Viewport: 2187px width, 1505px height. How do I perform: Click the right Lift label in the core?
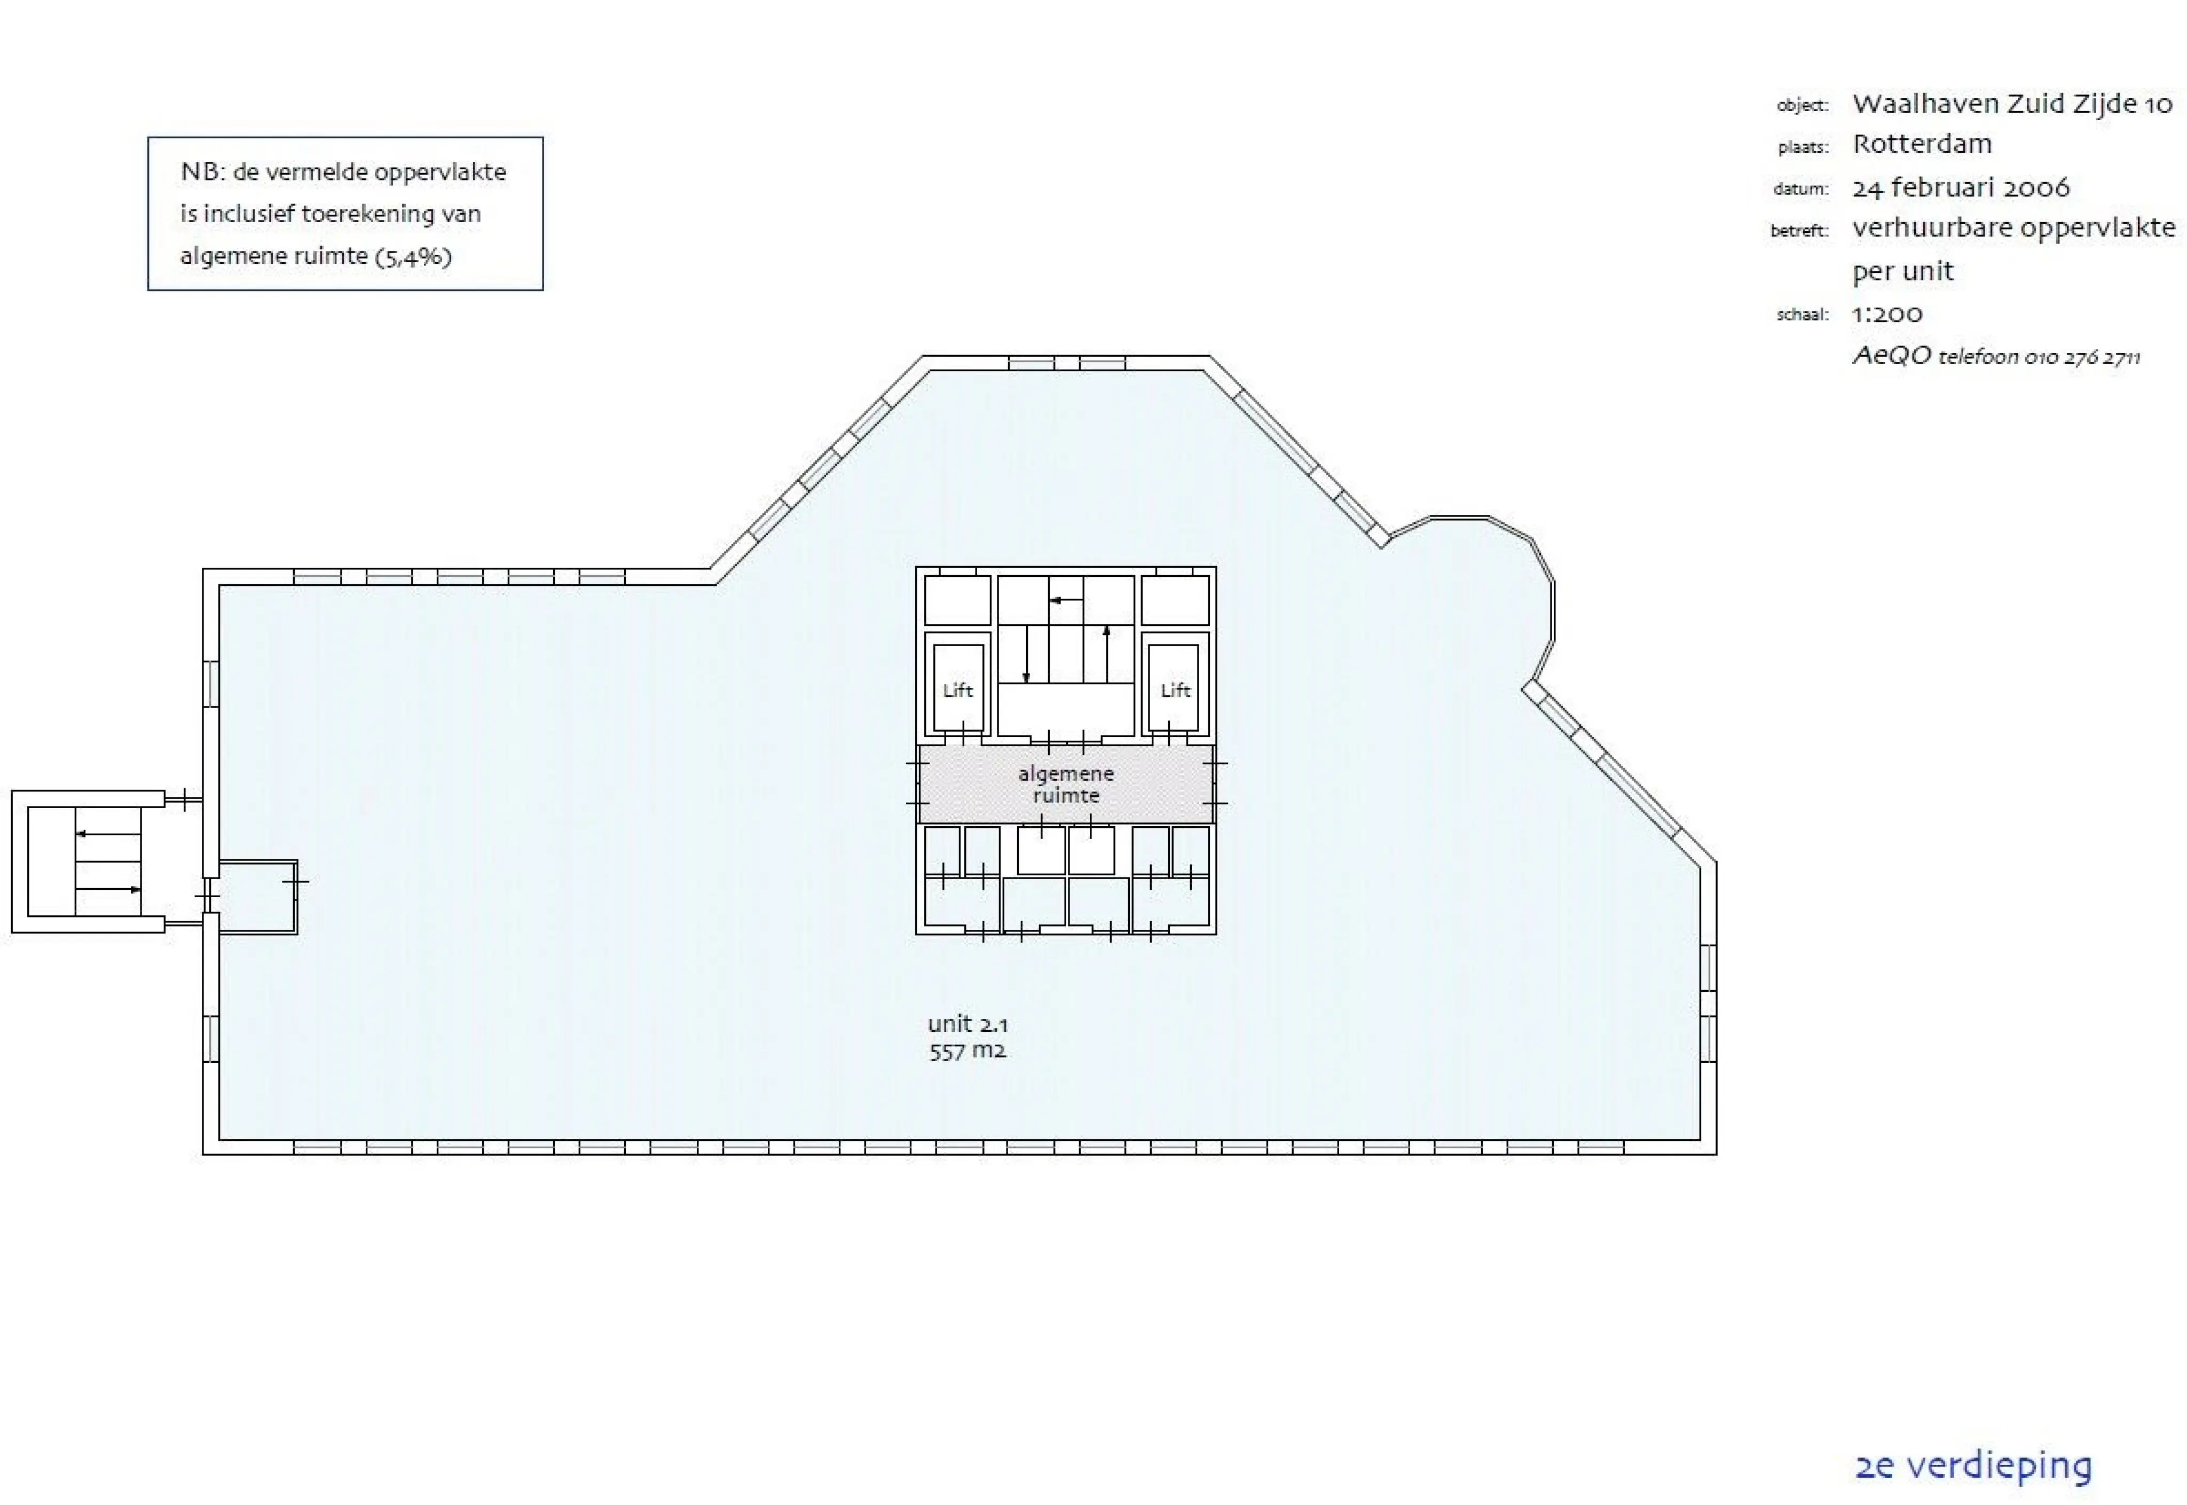click(x=1175, y=690)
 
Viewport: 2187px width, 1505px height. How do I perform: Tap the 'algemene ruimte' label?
click(x=1065, y=785)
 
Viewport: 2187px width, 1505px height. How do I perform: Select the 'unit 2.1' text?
click(x=967, y=1024)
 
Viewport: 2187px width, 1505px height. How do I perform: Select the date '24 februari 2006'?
click(x=1961, y=187)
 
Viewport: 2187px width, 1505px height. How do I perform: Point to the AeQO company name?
click(x=1891, y=356)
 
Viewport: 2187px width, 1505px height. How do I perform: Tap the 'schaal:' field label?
click(x=1803, y=315)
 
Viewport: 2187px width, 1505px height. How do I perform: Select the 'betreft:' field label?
click(x=1799, y=230)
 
